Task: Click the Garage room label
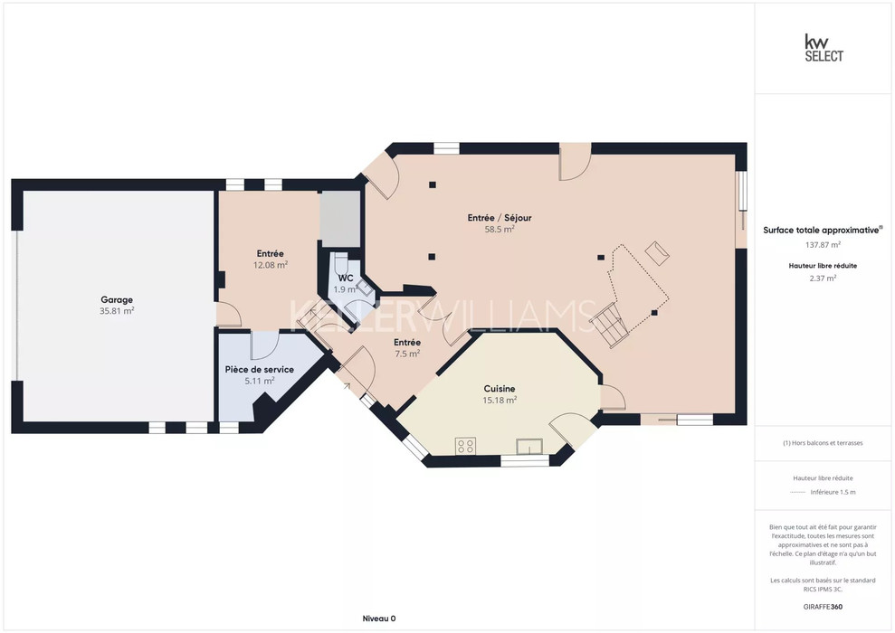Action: pos(117,299)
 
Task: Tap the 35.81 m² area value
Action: pos(117,311)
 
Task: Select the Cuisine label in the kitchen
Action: pos(500,389)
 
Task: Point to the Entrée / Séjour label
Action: pos(500,218)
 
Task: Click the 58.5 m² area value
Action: pos(500,230)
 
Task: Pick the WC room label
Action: pos(346,279)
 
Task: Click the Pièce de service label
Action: pos(260,370)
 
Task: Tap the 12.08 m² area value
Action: pos(271,265)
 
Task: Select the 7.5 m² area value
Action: pos(407,354)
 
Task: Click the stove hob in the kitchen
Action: pos(466,446)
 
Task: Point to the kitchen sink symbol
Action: pos(529,446)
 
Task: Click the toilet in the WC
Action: pos(341,264)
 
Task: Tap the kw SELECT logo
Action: pos(824,48)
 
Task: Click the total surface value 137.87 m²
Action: pos(824,245)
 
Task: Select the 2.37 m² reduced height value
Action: pos(824,279)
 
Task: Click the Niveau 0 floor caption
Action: pos(379,619)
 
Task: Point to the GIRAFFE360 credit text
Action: pos(823,607)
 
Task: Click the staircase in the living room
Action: pos(609,325)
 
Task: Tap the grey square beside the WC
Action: pos(340,219)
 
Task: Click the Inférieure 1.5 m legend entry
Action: pos(833,492)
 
